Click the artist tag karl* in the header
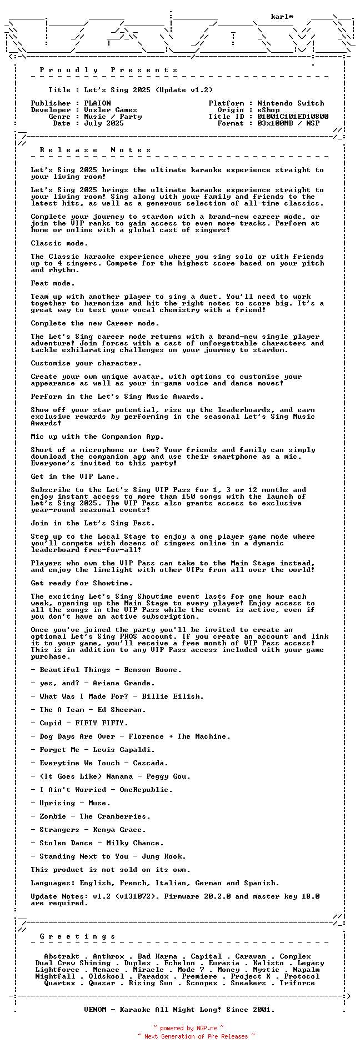coord(282,17)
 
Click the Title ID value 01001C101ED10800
coord(293,117)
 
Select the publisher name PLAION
coord(97,103)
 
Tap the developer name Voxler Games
coord(111,110)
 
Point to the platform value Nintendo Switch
coord(291,103)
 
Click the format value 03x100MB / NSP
coord(288,123)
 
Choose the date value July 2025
coord(104,123)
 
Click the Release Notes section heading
coord(96,150)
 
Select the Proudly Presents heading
coord(109,70)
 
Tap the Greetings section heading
coord(78,936)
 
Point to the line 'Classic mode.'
coord(59,243)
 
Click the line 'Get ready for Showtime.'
coord(82,583)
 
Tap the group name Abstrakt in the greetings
coord(62,956)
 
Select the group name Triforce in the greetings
coord(297,983)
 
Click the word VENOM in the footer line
coord(95,1010)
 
